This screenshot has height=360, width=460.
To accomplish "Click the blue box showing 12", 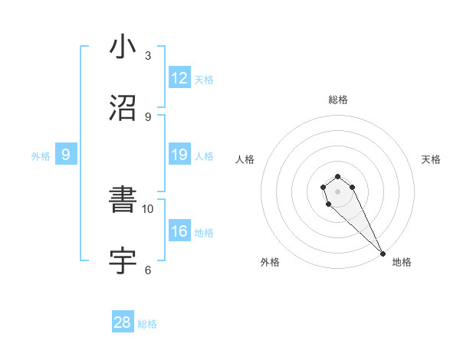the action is click(x=179, y=78).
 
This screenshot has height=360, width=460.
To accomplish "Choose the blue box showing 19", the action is click(x=179, y=155).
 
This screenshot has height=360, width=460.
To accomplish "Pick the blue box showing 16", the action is click(x=179, y=232).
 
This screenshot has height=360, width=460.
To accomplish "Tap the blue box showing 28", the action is click(x=123, y=322).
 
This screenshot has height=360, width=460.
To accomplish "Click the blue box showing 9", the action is click(x=66, y=155).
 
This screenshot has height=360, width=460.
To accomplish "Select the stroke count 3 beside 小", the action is click(x=148, y=55).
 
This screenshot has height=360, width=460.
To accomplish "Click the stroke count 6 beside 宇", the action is click(x=148, y=270).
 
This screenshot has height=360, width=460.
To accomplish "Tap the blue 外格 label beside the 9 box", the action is click(x=41, y=156).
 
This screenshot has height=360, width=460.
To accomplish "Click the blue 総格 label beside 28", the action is click(x=147, y=324).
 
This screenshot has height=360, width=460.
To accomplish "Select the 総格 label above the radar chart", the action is click(x=337, y=100).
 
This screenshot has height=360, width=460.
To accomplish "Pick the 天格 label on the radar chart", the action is click(x=431, y=159).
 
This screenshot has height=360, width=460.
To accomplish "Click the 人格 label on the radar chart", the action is click(x=245, y=159).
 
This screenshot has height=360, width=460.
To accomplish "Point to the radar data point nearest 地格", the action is click(x=383, y=254).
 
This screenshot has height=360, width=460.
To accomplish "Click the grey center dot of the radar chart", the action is click(x=337, y=191).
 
